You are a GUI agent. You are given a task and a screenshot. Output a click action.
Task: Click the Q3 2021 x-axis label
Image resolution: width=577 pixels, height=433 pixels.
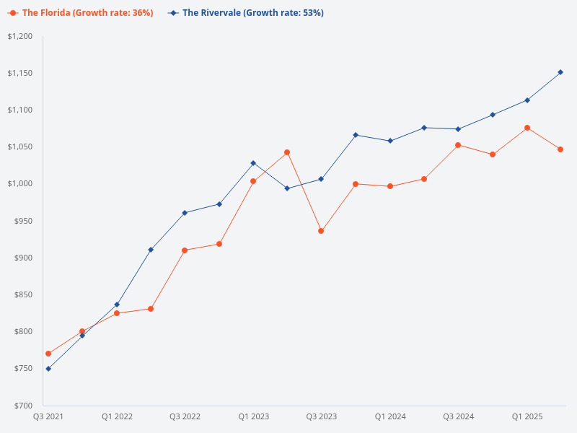(48, 417)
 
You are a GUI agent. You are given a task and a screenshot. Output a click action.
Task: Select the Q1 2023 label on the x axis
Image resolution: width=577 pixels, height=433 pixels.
(253, 417)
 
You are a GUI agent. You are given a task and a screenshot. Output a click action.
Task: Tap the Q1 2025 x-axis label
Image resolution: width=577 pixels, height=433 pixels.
(527, 417)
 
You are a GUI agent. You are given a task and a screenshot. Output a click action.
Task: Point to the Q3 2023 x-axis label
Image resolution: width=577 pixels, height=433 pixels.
(321, 417)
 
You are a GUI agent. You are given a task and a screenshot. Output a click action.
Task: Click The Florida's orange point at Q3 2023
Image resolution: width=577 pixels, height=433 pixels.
(321, 231)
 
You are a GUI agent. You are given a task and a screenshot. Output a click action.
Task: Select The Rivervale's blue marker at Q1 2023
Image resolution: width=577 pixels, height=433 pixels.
(253, 163)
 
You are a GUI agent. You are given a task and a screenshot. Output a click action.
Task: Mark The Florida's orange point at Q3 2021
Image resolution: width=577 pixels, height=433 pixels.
(48, 354)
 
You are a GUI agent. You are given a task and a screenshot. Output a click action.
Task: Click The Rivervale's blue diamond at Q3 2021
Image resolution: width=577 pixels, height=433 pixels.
(48, 369)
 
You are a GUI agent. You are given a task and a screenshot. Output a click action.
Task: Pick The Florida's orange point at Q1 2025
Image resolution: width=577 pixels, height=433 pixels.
(527, 128)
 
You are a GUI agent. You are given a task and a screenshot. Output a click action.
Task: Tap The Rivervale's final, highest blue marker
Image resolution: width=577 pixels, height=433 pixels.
(560, 72)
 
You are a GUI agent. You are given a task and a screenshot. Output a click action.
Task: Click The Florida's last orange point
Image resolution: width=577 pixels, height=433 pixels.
(560, 149)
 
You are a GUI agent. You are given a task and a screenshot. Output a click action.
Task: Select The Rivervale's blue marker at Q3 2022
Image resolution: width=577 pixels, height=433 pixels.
(185, 213)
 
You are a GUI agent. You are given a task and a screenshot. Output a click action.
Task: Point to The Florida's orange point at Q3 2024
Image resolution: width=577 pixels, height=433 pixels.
(458, 145)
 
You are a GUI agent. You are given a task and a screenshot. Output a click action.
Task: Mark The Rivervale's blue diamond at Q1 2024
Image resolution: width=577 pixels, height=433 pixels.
(390, 141)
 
